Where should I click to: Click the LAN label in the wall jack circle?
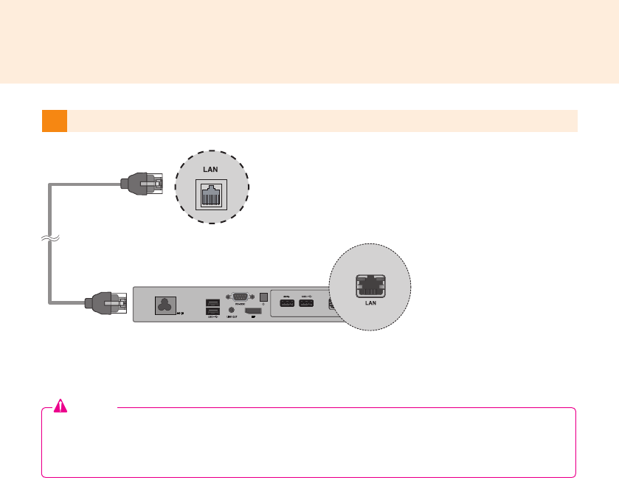(211, 170)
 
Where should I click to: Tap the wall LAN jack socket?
(211, 195)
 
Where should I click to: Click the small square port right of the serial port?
(263, 299)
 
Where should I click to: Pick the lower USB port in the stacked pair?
(212, 312)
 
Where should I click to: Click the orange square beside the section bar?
(54, 121)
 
